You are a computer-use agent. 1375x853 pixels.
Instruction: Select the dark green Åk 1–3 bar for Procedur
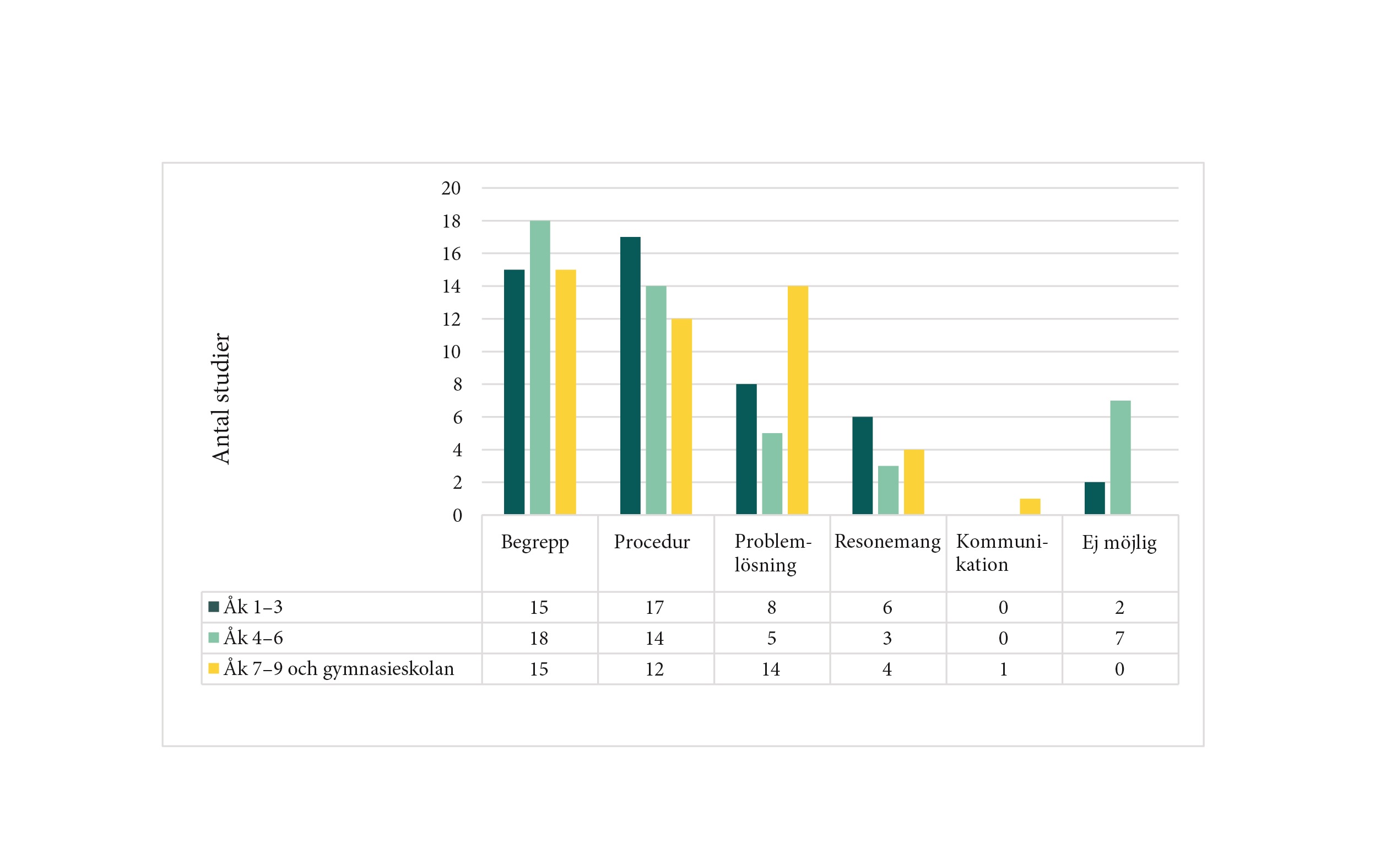[630, 375]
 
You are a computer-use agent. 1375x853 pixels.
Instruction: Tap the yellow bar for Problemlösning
[798, 400]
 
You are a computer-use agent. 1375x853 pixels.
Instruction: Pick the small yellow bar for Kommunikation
[1030, 506]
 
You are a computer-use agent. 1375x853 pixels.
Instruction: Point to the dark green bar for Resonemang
[862, 466]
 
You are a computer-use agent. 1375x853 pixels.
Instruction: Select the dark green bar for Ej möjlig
[1095, 498]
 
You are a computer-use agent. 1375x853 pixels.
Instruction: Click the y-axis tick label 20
[451, 188]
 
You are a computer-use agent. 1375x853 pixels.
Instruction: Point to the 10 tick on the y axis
[451, 352]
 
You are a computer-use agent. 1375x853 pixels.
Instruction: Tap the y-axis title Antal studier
[220, 398]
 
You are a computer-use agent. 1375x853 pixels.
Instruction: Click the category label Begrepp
[535, 542]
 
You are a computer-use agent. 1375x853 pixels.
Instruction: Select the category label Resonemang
[887, 541]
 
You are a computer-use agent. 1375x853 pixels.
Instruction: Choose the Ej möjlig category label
[1119, 542]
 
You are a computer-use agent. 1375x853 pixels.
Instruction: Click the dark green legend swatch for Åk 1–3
[214, 607]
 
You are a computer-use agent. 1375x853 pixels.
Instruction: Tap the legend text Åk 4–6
[253, 638]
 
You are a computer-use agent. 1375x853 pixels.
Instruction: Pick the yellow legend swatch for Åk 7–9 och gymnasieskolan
[214, 668]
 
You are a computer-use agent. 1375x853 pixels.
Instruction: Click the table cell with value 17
[654, 608]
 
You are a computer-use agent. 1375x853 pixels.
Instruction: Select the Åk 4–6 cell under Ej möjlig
[1119, 638]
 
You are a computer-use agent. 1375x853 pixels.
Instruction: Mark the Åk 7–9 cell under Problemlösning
[771, 669]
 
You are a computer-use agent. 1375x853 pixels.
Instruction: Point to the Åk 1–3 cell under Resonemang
[887, 608]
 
